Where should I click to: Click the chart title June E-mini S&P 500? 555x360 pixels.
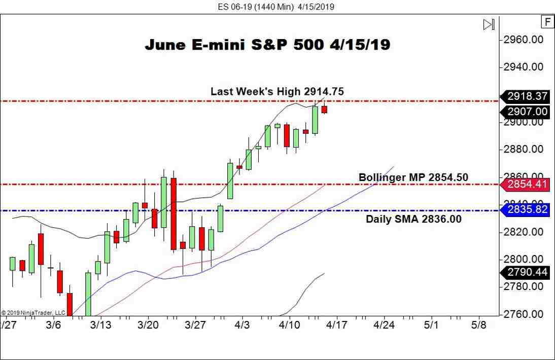point(267,45)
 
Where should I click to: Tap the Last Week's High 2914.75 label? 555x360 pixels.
point(277,91)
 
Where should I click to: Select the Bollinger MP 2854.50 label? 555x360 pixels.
point(413,177)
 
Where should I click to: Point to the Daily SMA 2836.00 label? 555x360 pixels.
point(413,219)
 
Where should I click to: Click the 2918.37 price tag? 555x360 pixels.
point(526,96)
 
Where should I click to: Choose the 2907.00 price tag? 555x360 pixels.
point(526,112)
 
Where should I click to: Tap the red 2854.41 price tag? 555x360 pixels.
point(526,184)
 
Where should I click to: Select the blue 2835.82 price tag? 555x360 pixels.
point(526,209)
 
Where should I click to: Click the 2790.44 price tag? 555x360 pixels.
point(526,272)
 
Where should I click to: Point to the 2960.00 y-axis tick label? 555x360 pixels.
point(526,40)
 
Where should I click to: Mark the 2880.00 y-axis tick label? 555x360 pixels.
point(526,150)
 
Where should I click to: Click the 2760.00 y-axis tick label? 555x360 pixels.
point(526,314)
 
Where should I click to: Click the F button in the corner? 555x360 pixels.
point(547,22)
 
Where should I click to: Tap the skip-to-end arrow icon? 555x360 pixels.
point(489,24)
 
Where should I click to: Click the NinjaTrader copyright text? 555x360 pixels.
point(33,312)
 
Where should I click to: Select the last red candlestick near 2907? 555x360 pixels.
point(324,109)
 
